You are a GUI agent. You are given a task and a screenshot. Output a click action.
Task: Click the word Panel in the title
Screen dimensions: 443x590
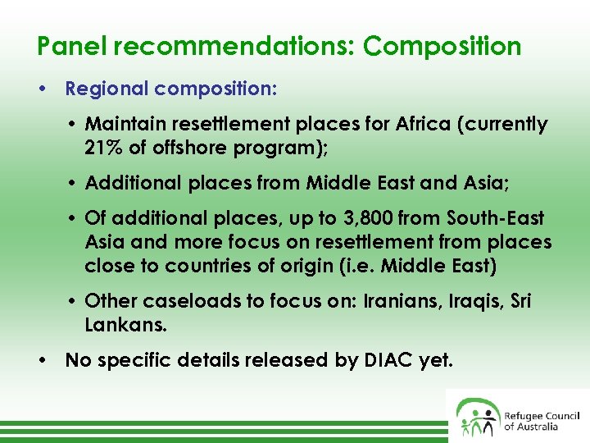tap(73, 46)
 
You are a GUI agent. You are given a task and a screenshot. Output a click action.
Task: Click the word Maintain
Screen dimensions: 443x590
tap(122, 125)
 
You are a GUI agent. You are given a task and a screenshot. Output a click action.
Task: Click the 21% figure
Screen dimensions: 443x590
tap(103, 148)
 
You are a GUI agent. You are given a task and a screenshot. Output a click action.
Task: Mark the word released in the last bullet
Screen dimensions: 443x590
tap(285, 360)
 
